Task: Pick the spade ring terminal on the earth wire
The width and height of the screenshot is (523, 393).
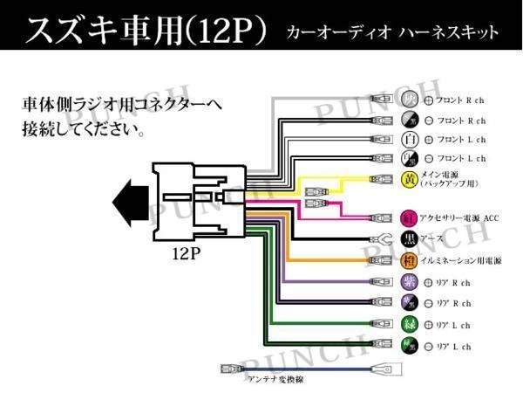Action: coord(379,239)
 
